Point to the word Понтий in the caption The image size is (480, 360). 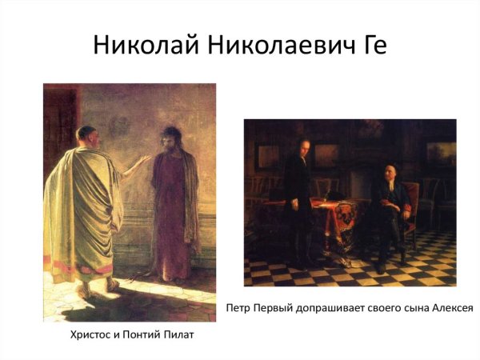point(151,335)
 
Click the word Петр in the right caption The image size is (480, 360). point(239,307)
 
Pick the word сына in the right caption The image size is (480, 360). point(413,307)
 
